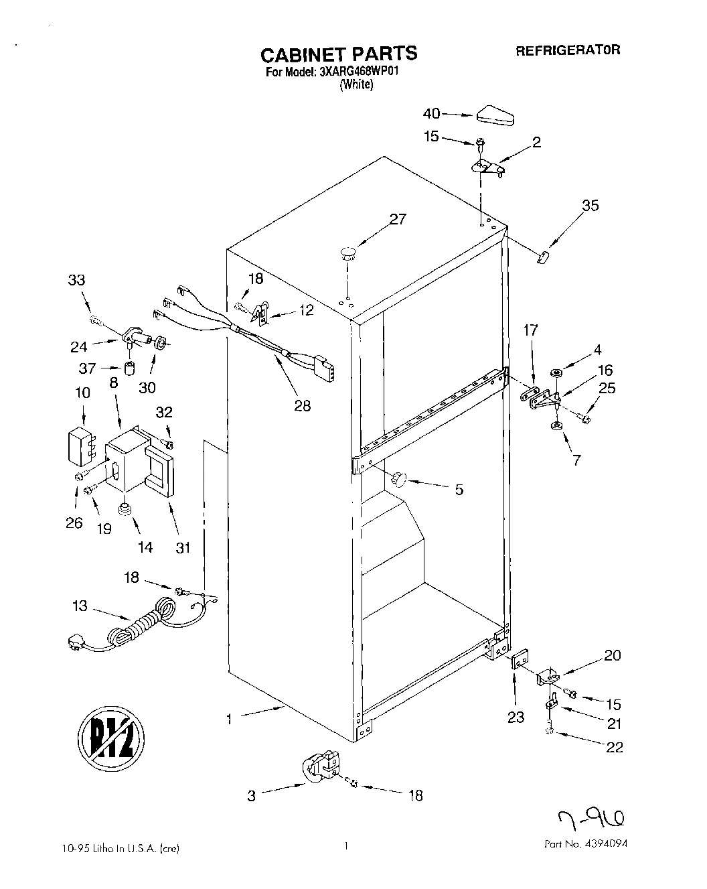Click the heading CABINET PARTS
tap(338, 53)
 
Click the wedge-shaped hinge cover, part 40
tap(495, 117)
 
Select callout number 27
tap(398, 219)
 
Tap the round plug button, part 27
tap(347, 253)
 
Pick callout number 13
tap(80, 606)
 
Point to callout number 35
tap(590, 206)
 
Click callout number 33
tap(77, 280)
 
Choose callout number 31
tap(183, 547)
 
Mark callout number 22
tap(614, 747)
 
